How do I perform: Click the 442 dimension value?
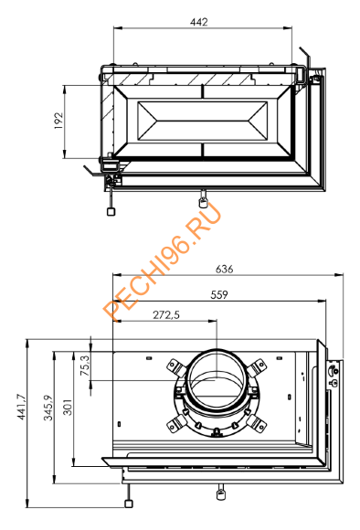pos(199,22)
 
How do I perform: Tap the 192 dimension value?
pos(58,121)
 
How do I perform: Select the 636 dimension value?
pos(225,270)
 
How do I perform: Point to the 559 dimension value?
pos(219,295)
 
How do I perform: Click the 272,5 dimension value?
pos(166,315)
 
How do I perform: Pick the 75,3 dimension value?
pos(85,366)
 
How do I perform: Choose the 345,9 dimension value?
pos(48,408)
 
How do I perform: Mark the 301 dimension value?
pos(68,407)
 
